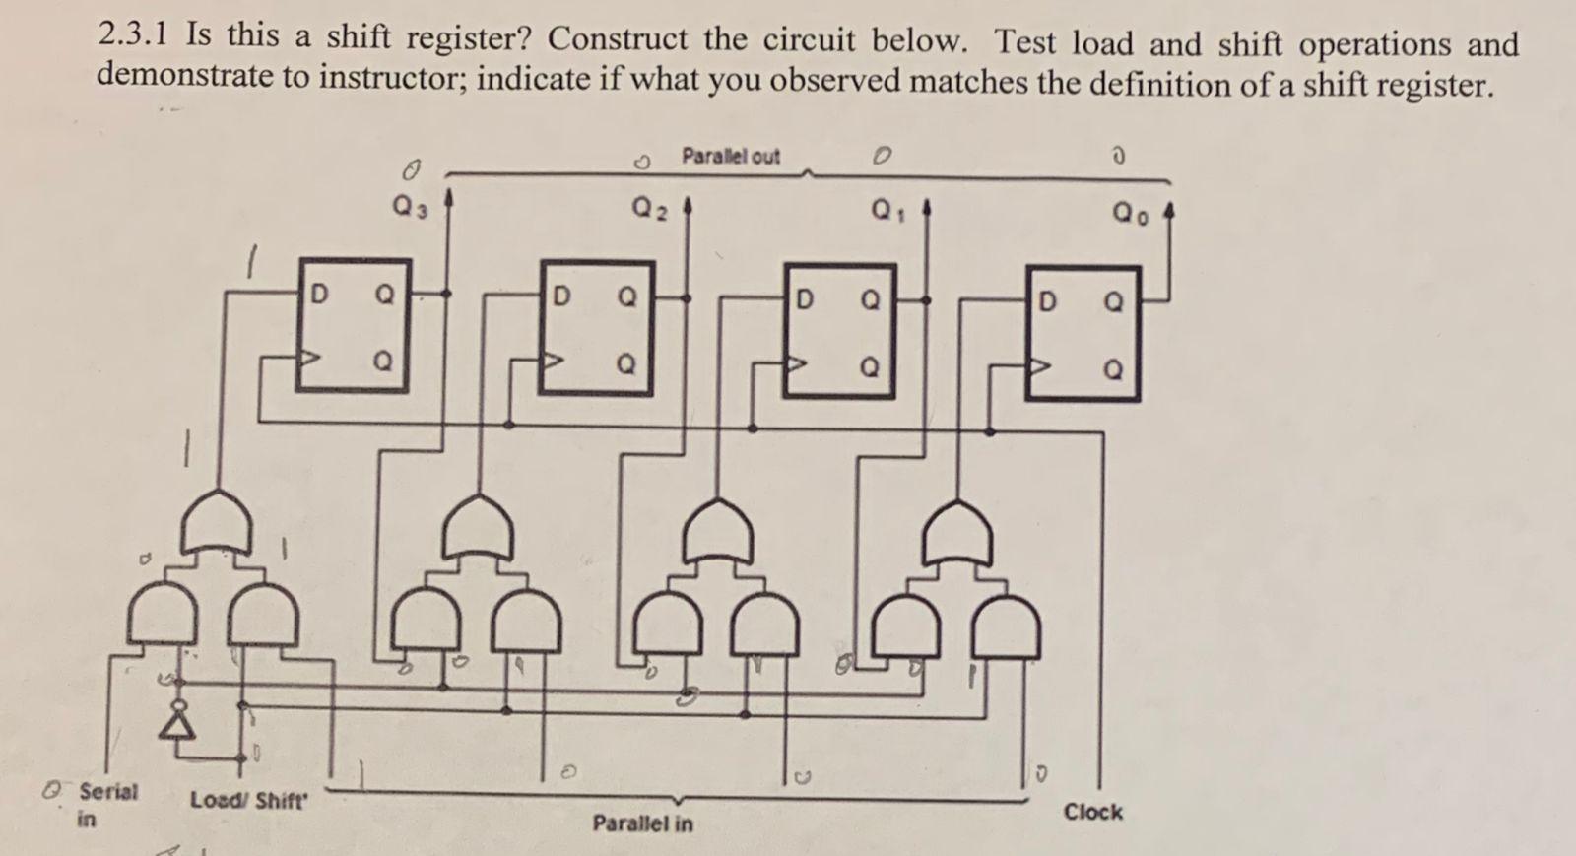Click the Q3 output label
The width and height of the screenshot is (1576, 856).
[x=409, y=207]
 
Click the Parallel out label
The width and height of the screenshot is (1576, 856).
[x=730, y=156]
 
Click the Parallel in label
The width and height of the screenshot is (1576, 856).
[x=642, y=823]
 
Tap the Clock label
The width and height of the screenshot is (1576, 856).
[x=1092, y=812]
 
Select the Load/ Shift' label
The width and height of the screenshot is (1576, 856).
[x=249, y=799]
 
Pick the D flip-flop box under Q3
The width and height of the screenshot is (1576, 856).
[x=354, y=326]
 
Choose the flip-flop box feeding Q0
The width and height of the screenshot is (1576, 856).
[x=1082, y=333]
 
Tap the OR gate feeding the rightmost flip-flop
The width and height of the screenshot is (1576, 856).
[x=957, y=534]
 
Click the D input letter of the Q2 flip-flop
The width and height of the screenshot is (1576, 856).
[x=560, y=296]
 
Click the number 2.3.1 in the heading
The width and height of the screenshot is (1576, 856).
[x=134, y=35]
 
